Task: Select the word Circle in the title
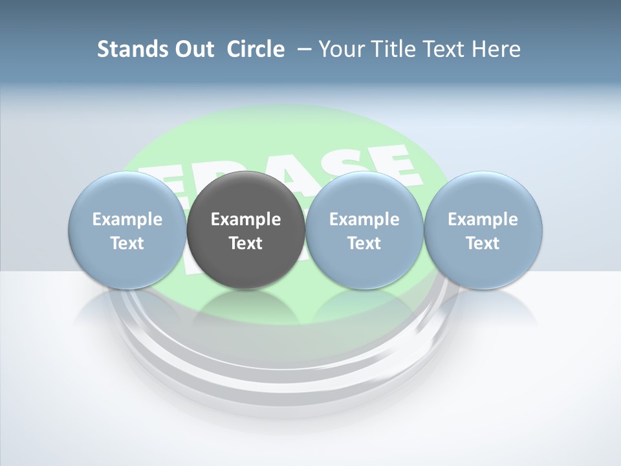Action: [256, 49]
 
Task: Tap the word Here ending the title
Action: [498, 49]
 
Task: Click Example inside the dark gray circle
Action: [246, 219]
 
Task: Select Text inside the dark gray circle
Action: [246, 243]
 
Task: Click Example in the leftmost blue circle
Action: [127, 219]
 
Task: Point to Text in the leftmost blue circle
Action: [127, 243]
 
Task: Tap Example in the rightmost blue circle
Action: [483, 219]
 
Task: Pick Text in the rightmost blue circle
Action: [483, 243]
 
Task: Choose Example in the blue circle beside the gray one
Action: [364, 219]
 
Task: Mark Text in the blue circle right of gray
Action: [364, 243]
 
